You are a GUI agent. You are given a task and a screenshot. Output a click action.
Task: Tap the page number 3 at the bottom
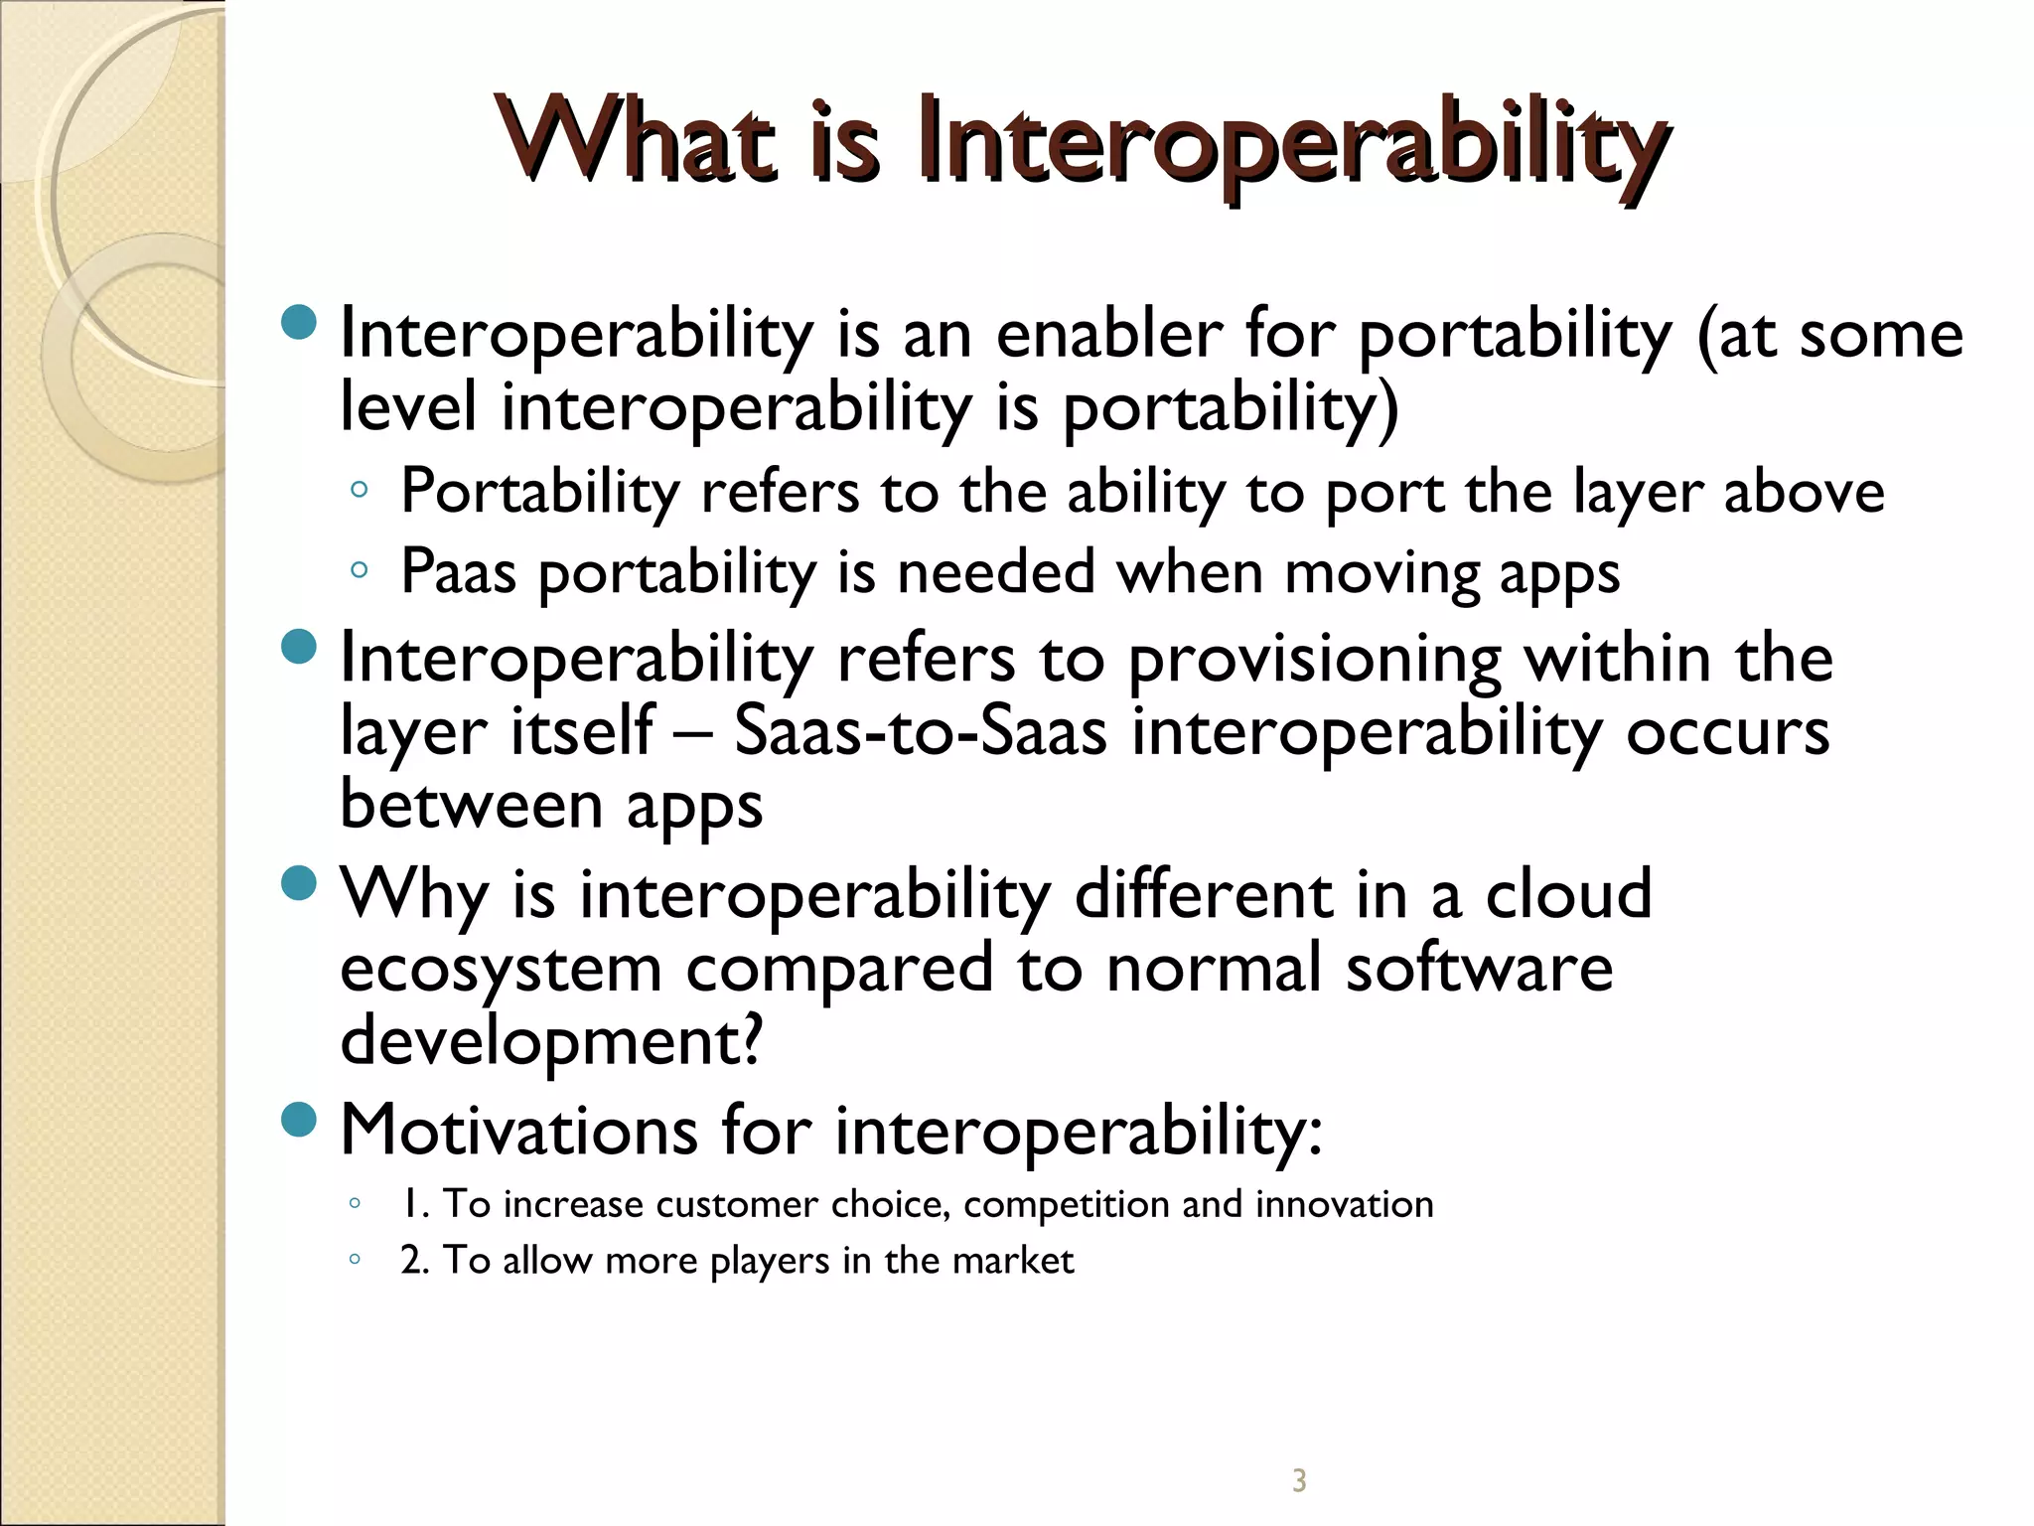pos(1299,1480)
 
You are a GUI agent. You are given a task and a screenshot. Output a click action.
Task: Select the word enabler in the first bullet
pos(1108,334)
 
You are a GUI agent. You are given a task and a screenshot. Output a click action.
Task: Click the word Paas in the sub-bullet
pos(459,572)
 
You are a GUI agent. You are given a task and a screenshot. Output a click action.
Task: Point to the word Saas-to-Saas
pos(920,731)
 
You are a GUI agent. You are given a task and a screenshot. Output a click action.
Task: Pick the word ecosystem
pos(501,970)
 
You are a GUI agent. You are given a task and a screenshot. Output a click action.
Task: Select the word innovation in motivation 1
pos(1345,1204)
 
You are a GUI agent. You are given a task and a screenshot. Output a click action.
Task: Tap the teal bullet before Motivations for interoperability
pos(299,1120)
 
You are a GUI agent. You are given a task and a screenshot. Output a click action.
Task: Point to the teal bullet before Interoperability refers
pos(299,647)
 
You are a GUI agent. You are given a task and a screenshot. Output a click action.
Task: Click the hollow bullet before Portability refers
pos(360,490)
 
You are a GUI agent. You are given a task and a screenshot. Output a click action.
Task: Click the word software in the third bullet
pos(1479,970)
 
